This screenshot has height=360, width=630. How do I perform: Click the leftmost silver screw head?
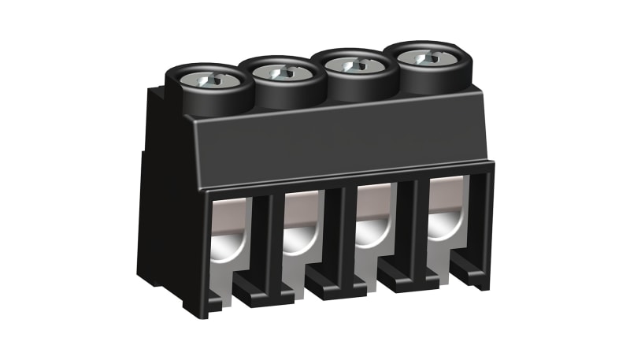coord(211,80)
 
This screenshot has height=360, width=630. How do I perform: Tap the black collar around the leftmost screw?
coord(189,98)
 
